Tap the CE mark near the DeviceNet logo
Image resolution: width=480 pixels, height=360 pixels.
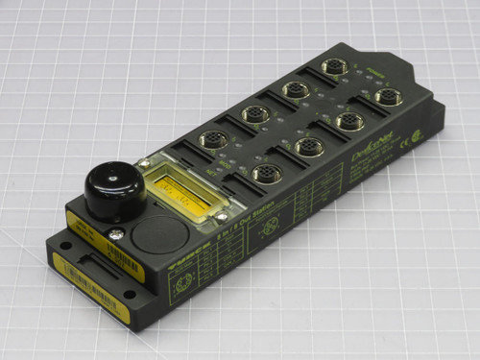pyautogui.click(x=417, y=141)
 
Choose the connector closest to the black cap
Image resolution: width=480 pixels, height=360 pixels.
pyautogui.click(x=211, y=140)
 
